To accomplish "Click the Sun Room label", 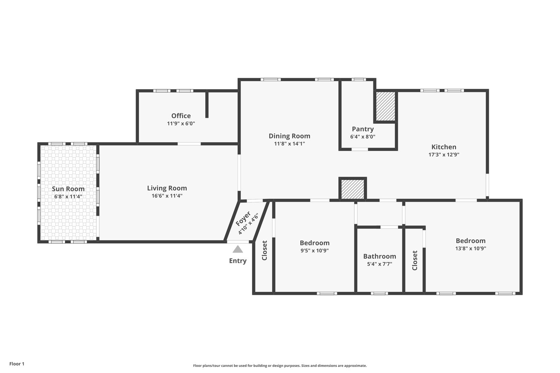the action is (68, 189).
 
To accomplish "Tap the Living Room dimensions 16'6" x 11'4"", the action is (167, 195).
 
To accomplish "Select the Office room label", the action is (181, 116).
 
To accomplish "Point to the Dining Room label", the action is (289, 136).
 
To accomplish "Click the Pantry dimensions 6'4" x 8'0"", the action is (363, 137).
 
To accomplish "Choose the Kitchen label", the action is (444, 147).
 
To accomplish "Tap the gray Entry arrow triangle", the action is (238, 249).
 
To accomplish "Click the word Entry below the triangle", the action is (238, 260).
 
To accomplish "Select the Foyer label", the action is (243, 219).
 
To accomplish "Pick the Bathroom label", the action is (380, 256).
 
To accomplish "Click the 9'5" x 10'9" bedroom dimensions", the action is (315, 251).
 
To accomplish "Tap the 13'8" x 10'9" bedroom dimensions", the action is (471, 248).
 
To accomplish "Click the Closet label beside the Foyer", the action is (264, 250).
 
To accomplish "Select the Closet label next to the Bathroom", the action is (415, 260).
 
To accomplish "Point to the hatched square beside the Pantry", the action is (385, 106).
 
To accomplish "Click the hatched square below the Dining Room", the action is (353, 189).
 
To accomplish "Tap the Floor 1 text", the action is (17, 364).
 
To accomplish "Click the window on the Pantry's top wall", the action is (358, 80).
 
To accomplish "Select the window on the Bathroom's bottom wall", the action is (379, 293).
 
